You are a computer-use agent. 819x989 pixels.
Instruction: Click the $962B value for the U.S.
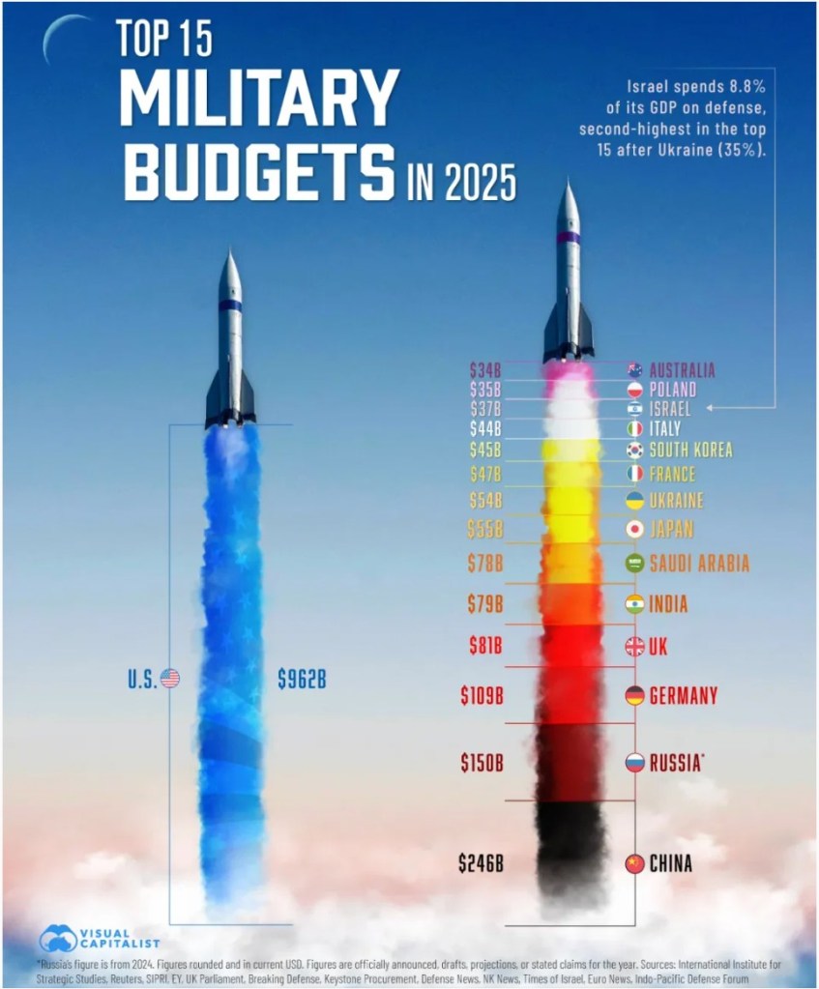302,679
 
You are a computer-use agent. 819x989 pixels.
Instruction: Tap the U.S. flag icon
170,679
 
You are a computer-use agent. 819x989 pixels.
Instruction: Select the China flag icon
634,863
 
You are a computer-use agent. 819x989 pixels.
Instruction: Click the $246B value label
481,863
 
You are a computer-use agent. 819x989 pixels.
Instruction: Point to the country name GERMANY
684,695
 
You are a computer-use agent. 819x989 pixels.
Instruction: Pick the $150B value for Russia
482,763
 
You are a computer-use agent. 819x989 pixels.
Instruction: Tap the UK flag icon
634,647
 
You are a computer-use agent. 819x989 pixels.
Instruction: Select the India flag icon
634,604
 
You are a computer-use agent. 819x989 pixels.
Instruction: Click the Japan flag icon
634,529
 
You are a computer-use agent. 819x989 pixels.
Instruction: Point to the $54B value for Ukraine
484,501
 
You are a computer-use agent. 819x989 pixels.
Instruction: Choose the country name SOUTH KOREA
690,450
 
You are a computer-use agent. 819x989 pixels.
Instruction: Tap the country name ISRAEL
671,409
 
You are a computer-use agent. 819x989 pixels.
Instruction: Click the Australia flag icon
634,369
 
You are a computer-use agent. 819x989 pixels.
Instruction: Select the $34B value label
485,369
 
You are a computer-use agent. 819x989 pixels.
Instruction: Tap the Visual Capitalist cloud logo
57,939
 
